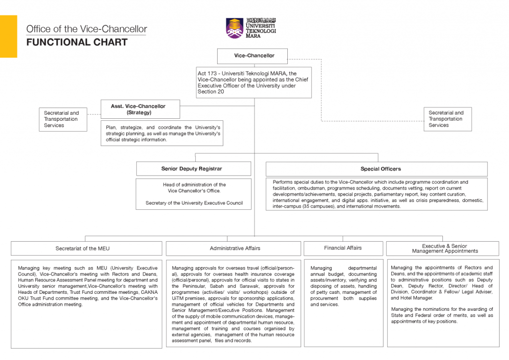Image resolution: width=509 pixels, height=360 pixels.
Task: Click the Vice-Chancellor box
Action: tap(254, 56)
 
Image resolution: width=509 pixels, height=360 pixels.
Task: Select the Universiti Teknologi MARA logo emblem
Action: tap(235, 28)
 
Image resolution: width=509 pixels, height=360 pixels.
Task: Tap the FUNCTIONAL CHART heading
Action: tap(77, 42)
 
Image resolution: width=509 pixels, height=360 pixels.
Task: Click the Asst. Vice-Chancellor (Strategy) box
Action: tap(138, 109)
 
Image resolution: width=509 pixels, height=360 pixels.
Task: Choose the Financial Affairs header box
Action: tap(343, 248)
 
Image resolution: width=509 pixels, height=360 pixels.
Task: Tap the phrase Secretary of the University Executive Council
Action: tap(194, 203)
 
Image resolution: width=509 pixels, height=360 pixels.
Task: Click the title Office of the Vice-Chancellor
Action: tap(86, 29)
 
